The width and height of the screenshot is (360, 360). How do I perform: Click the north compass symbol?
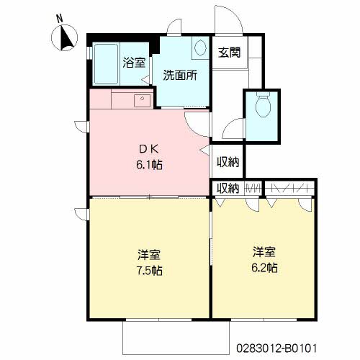click(64, 37)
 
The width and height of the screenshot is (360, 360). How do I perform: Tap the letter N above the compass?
click(60, 19)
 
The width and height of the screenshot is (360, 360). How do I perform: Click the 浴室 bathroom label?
click(134, 63)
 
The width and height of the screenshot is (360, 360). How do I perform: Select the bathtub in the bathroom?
click(106, 64)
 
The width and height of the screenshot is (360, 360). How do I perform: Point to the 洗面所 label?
click(180, 75)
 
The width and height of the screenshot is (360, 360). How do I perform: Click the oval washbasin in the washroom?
click(200, 48)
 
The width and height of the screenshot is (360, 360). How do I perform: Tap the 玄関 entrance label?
click(229, 53)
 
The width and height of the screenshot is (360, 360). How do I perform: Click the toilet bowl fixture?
click(264, 104)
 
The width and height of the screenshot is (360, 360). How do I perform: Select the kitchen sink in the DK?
click(142, 101)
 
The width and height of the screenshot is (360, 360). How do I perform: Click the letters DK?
click(149, 149)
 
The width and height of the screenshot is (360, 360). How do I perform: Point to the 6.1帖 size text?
click(149, 165)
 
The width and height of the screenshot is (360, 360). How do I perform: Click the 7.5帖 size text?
click(149, 271)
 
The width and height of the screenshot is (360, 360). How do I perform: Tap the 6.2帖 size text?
click(264, 267)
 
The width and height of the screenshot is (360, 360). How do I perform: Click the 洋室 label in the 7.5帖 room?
click(149, 255)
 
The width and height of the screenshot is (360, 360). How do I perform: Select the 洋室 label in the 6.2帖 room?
click(264, 252)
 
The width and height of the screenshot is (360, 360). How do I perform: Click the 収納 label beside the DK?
click(228, 162)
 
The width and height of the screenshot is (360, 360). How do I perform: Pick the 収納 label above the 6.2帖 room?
click(228, 189)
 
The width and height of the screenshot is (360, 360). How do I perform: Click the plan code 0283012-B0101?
click(276, 348)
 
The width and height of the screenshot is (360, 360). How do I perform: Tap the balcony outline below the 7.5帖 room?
click(176, 354)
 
